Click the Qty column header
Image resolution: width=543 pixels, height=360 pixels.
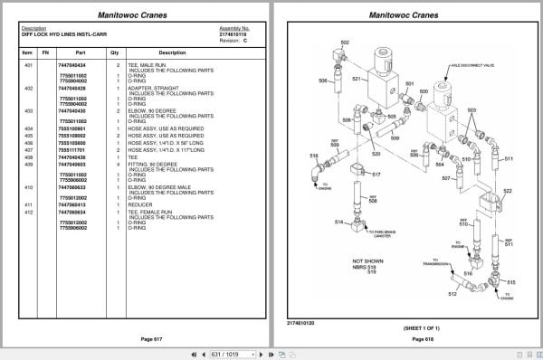click(x=115, y=52)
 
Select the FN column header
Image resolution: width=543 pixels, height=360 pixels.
click(x=45, y=52)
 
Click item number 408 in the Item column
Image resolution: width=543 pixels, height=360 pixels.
click(x=28, y=157)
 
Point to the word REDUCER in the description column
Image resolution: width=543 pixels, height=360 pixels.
click(x=140, y=204)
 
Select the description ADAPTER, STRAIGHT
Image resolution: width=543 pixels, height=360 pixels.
click(x=148, y=88)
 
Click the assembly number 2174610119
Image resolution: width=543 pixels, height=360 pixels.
click(x=233, y=33)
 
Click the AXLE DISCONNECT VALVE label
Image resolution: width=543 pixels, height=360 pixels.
click(x=467, y=66)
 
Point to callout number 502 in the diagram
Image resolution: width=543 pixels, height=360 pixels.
click(x=345, y=43)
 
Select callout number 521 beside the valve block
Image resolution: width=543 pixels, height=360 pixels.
click(x=357, y=80)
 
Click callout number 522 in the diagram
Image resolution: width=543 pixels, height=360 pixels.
click(x=507, y=191)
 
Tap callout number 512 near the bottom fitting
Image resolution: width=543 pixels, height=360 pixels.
click(x=452, y=294)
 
